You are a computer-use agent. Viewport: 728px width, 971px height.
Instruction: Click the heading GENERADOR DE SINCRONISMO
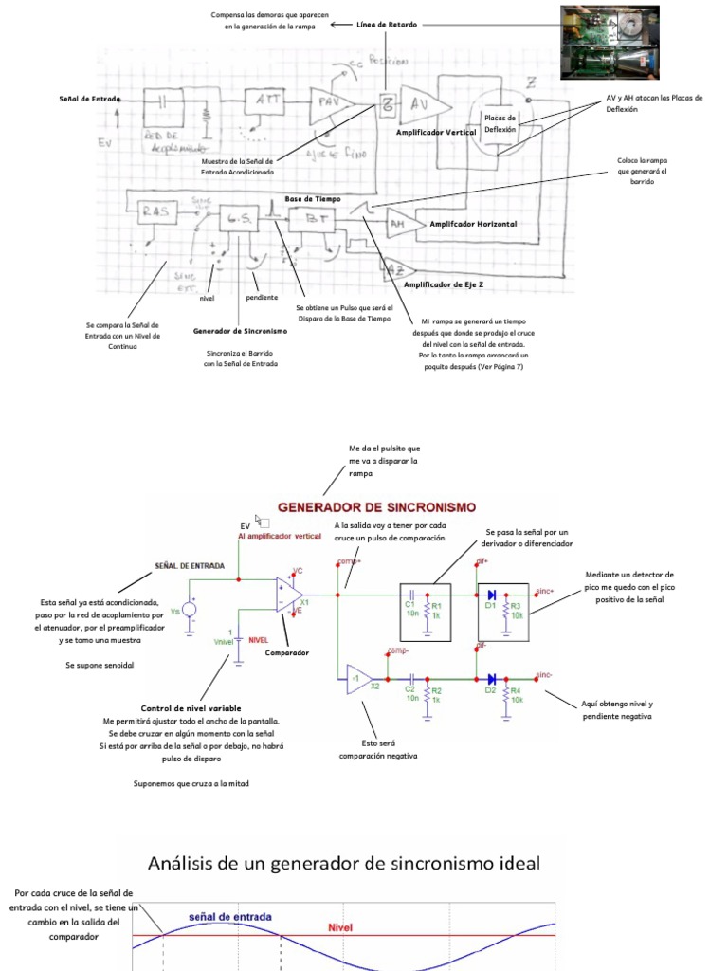376,507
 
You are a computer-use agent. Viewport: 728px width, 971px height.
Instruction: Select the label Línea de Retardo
387,24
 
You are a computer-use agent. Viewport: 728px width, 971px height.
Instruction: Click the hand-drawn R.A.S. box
154,211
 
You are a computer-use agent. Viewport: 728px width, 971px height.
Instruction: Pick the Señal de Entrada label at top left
87,99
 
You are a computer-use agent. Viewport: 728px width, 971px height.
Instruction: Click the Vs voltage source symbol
189,611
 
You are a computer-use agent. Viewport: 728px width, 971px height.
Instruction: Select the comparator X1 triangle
288,595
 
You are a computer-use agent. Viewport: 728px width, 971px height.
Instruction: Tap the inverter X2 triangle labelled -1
357,679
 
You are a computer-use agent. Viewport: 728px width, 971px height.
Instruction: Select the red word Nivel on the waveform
340,927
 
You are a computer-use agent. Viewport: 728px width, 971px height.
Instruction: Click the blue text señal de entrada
230,917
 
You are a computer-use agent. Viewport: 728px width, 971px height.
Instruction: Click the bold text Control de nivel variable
191,708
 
